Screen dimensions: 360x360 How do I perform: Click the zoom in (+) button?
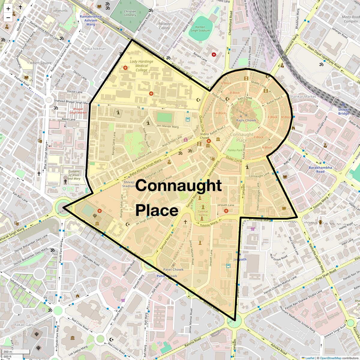click(8, 8)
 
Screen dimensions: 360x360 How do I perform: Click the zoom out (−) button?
click(8, 17)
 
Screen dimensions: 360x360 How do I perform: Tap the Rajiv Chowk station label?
click(246, 120)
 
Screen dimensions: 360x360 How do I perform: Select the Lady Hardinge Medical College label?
click(141, 66)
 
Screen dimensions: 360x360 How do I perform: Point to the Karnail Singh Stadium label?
click(200, 29)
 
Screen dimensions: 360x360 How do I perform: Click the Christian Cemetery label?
click(130, 13)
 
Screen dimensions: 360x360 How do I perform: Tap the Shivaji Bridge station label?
click(343, 112)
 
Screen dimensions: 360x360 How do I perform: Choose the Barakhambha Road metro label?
click(320, 169)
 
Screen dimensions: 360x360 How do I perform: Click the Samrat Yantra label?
click(203, 213)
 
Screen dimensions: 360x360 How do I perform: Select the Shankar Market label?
click(303, 97)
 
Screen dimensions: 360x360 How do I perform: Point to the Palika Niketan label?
click(94, 49)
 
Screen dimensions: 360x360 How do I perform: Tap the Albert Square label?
click(41, 63)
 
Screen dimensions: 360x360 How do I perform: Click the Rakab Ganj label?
click(24, 325)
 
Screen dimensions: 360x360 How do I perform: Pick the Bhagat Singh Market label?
click(78, 111)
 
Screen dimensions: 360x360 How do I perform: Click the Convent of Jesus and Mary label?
click(74, 175)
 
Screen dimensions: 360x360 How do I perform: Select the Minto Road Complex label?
click(350, 19)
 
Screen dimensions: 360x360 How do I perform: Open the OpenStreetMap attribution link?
click(330, 358)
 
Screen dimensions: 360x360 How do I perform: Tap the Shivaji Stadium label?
click(129, 184)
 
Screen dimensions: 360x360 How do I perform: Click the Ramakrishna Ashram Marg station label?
click(91, 20)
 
